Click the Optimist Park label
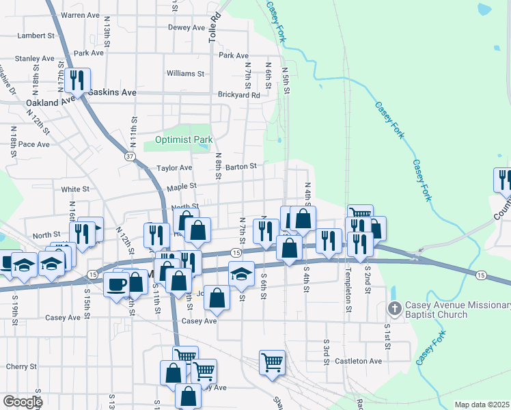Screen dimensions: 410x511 tap(184, 139)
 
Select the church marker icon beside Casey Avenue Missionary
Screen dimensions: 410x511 tap(393, 310)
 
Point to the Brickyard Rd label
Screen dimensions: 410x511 tap(238, 95)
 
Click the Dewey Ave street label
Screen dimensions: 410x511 tap(187, 28)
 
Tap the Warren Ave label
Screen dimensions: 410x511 tap(81, 14)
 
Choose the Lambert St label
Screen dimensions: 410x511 tap(36, 35)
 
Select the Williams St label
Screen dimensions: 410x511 tap(185, 73)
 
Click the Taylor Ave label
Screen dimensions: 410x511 tap(174, 167)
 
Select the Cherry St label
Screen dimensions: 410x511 tap(16, 366)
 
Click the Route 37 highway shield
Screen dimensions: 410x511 tap(130, 156)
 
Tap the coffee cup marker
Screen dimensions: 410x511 tap(116, 283)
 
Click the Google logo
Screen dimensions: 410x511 tap(22, 402)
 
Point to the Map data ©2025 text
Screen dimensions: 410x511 tap(481, 405)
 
